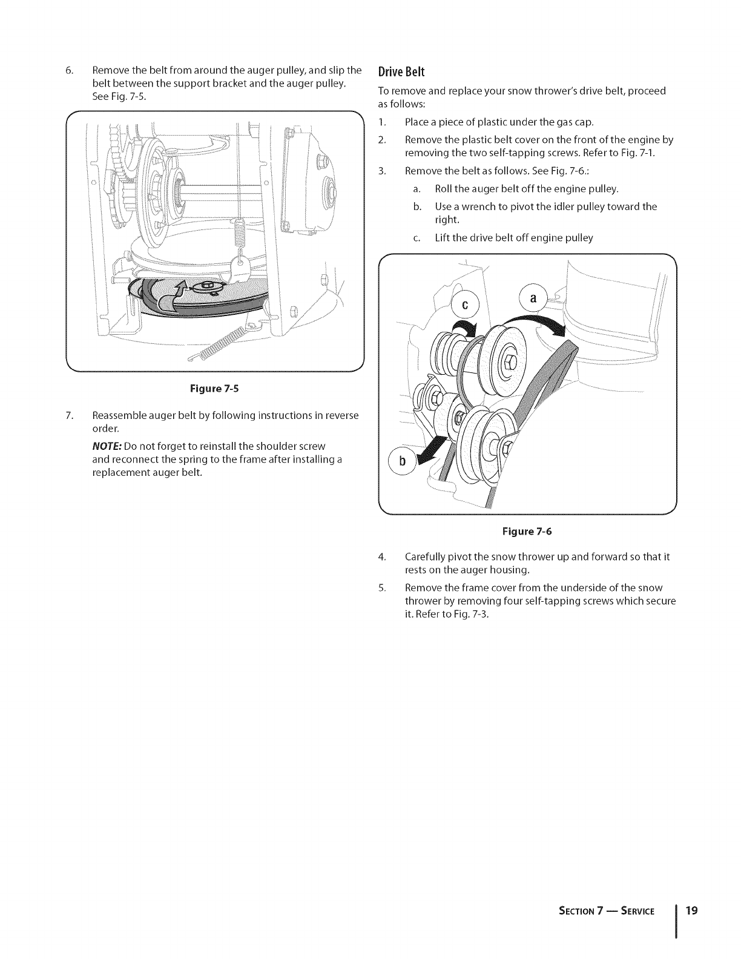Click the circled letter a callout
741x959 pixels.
[532, 298]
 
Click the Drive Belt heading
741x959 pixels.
[401, 71]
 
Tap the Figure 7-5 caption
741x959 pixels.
[216, 389]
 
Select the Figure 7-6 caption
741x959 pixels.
[527, 532]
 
